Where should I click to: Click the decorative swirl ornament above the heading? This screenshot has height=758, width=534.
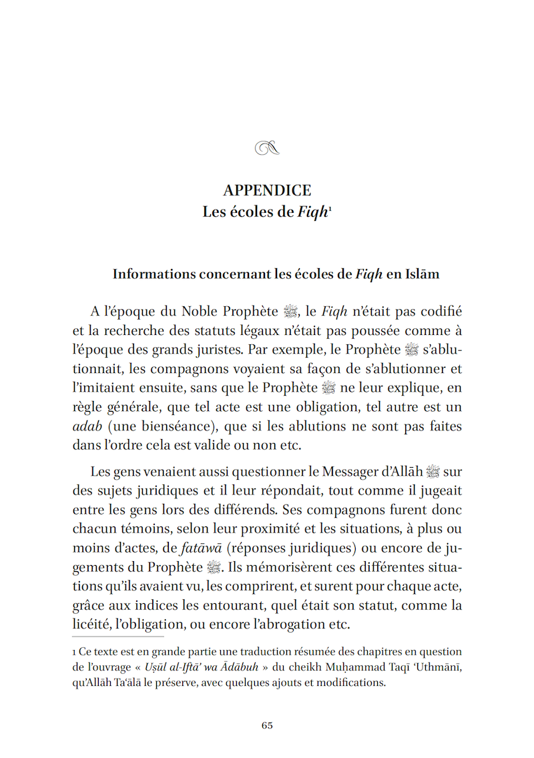click(267, 149)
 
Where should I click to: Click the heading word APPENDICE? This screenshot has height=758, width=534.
click(267, 190)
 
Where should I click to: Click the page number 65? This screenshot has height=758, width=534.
click(267, 725)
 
